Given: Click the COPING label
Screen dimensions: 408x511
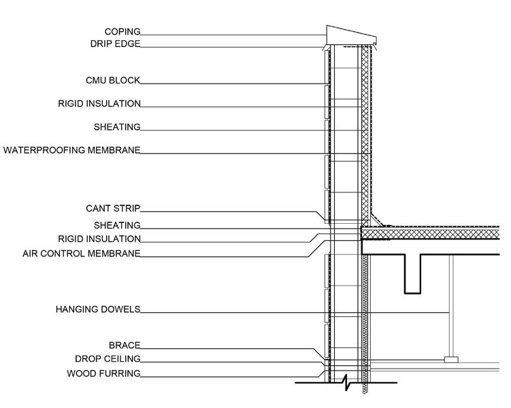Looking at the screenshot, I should point(122,31).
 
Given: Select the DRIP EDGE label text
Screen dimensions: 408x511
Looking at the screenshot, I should point(115,44).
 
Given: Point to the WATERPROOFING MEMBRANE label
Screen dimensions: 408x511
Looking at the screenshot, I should point(71,150).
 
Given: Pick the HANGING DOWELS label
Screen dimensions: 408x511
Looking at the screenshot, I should point(98,309).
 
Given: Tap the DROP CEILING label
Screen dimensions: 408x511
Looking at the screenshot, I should point(108,359).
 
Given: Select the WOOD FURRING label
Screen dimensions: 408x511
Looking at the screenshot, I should point(103,373).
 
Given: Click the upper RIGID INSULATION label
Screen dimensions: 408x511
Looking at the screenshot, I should point(99,104).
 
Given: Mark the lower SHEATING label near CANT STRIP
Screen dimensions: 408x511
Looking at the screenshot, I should point(117,225).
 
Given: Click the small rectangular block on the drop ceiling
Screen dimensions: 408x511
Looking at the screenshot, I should point(450,359).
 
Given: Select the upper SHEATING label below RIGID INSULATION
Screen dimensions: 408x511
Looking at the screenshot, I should point(117,127).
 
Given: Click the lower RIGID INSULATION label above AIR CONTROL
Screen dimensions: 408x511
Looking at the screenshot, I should point(99,239).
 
